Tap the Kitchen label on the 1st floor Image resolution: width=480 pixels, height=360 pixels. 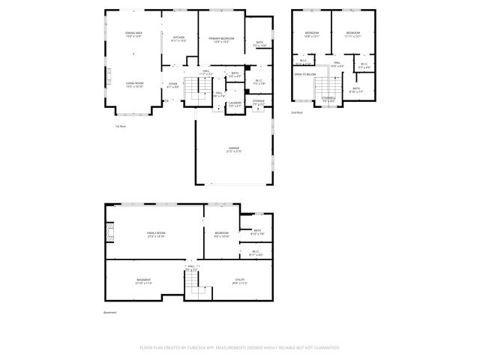178,38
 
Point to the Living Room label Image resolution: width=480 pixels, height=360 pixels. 134,85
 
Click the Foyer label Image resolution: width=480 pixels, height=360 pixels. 173,85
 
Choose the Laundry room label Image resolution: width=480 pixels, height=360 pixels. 235,103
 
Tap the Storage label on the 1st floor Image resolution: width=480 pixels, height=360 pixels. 258,101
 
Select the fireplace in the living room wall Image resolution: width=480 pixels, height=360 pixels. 108,76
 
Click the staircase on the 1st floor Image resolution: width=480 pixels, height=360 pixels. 199,92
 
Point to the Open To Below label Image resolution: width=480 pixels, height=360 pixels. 304,75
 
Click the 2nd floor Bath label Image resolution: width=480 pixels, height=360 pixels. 355,89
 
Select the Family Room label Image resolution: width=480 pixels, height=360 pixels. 155,235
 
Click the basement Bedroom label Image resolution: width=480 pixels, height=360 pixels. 221,235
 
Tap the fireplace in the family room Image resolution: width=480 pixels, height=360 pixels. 109,234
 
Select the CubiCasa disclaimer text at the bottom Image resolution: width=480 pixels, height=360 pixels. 240,347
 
